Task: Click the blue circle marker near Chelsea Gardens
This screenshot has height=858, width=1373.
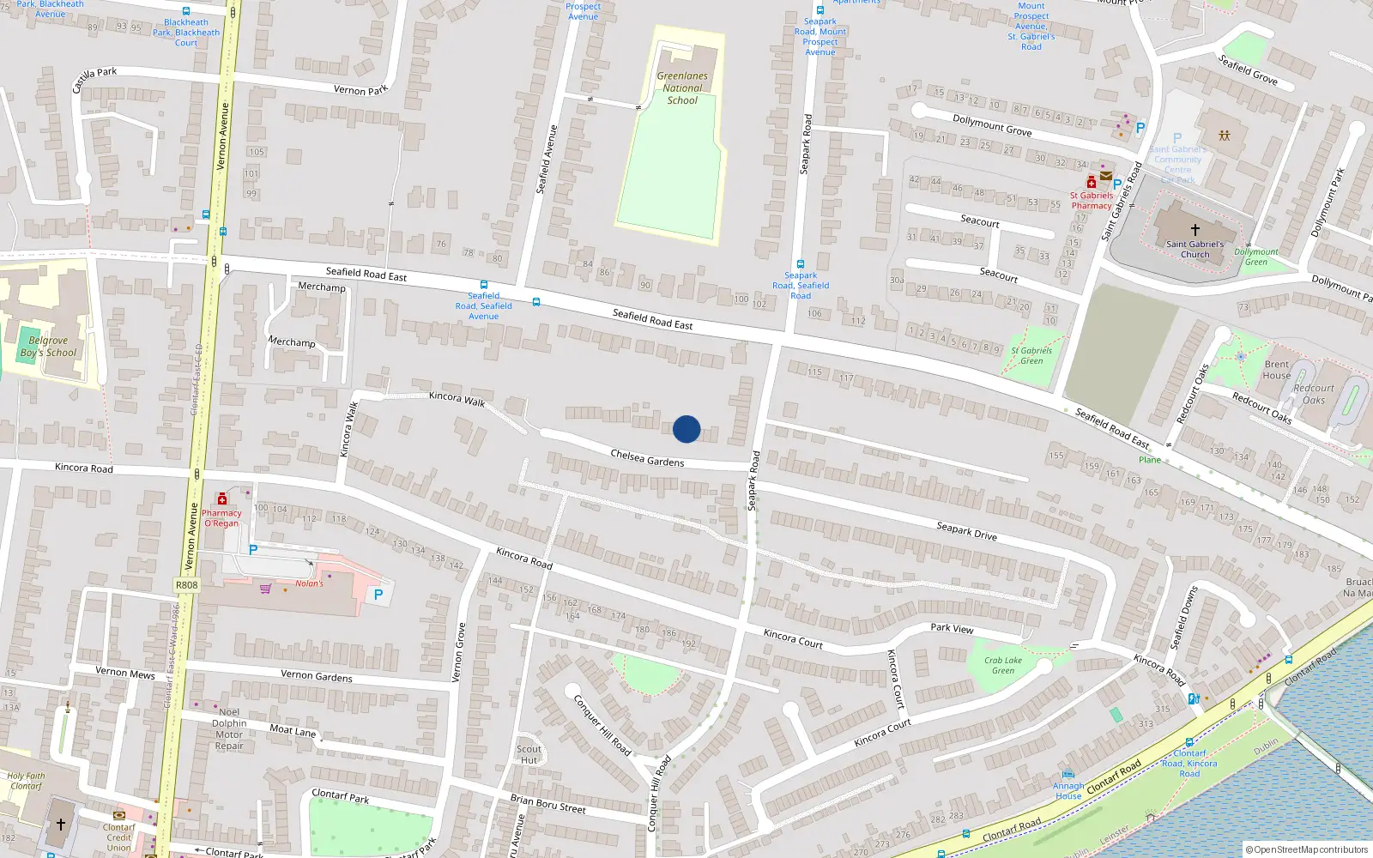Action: [686, 429]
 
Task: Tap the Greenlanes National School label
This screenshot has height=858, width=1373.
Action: [682, 88]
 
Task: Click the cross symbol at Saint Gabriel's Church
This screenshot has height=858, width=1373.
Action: [1195, 230]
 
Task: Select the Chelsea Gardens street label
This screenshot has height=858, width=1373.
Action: [647, 458]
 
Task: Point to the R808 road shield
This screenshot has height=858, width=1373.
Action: [186, 585]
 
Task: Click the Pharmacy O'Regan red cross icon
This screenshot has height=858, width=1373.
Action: [222, 499]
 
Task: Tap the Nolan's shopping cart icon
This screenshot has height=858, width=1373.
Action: [266, 589]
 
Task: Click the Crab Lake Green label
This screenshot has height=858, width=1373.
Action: [1002, 666]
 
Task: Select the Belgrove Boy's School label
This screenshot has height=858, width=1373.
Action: [48, 347]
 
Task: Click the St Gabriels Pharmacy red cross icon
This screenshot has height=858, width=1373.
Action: [1091, 182]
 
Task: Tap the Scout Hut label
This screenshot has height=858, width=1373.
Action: [529, 754]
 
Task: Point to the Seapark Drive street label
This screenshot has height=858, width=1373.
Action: [966, 531]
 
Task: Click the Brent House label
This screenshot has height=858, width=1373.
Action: [1277, 370]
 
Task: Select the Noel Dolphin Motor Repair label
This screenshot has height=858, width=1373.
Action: [229, 728]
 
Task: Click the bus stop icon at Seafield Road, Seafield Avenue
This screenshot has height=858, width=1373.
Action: [484, 285]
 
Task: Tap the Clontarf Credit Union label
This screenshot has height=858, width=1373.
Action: [119, 837]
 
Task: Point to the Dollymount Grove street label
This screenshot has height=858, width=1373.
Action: [992, 125]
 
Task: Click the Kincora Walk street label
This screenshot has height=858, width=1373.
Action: [457, 398]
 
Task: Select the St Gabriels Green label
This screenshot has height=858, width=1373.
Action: [1031, 355]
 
